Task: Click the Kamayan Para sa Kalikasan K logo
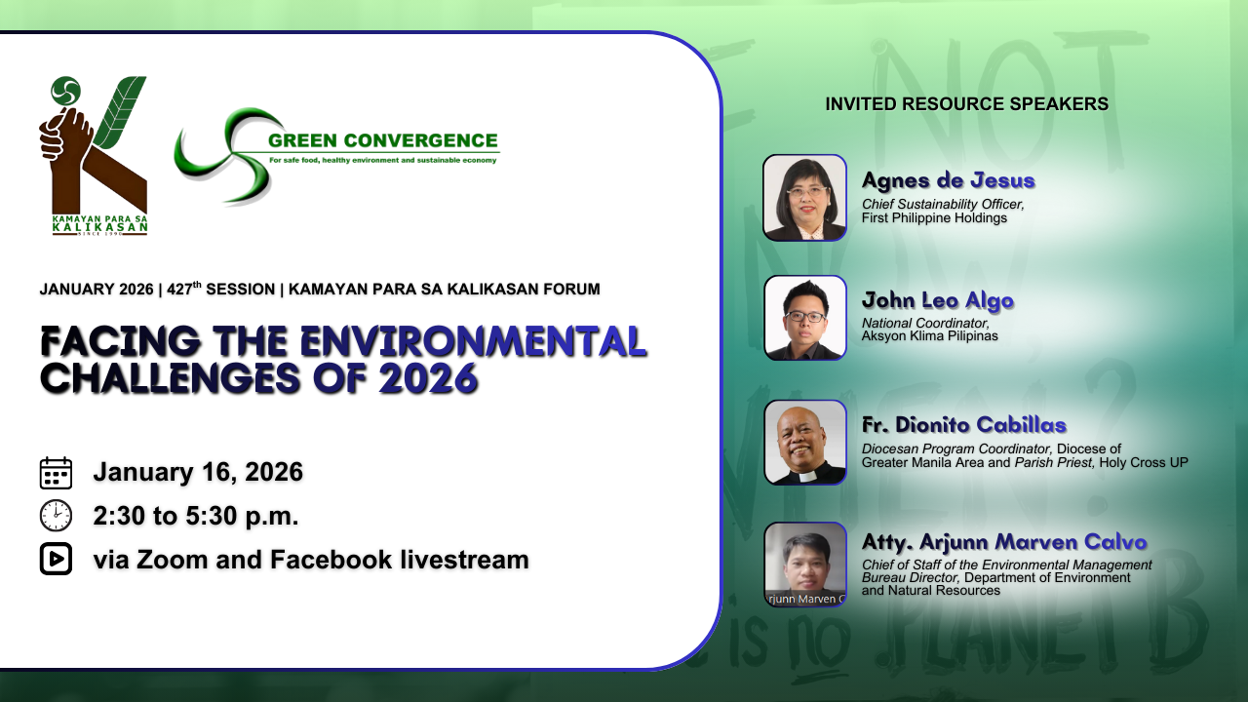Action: coord(93,156)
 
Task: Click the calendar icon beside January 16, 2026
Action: coord(56,473)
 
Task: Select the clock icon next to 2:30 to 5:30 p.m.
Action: coord(56,516)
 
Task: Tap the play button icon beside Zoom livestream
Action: coord(56,559)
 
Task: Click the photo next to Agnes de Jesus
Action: coord(804,198)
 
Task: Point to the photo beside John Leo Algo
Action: coord(805,318)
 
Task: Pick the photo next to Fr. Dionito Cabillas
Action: coord(805,443)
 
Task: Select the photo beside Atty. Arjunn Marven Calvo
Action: coord(805,565)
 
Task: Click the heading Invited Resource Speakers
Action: coord(966,104)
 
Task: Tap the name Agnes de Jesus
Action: coord(949,180)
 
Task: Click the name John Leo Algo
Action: coord(938,300)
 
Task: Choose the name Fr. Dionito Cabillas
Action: coord(964,425)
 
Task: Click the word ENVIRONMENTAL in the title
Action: coord(473,341)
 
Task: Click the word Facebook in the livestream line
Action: coord(331,560)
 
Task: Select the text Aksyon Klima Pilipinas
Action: coord(929,336)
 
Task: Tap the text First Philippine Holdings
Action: coord(934,217)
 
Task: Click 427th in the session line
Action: coord(184,288)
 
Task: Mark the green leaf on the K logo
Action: coord(119,112)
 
